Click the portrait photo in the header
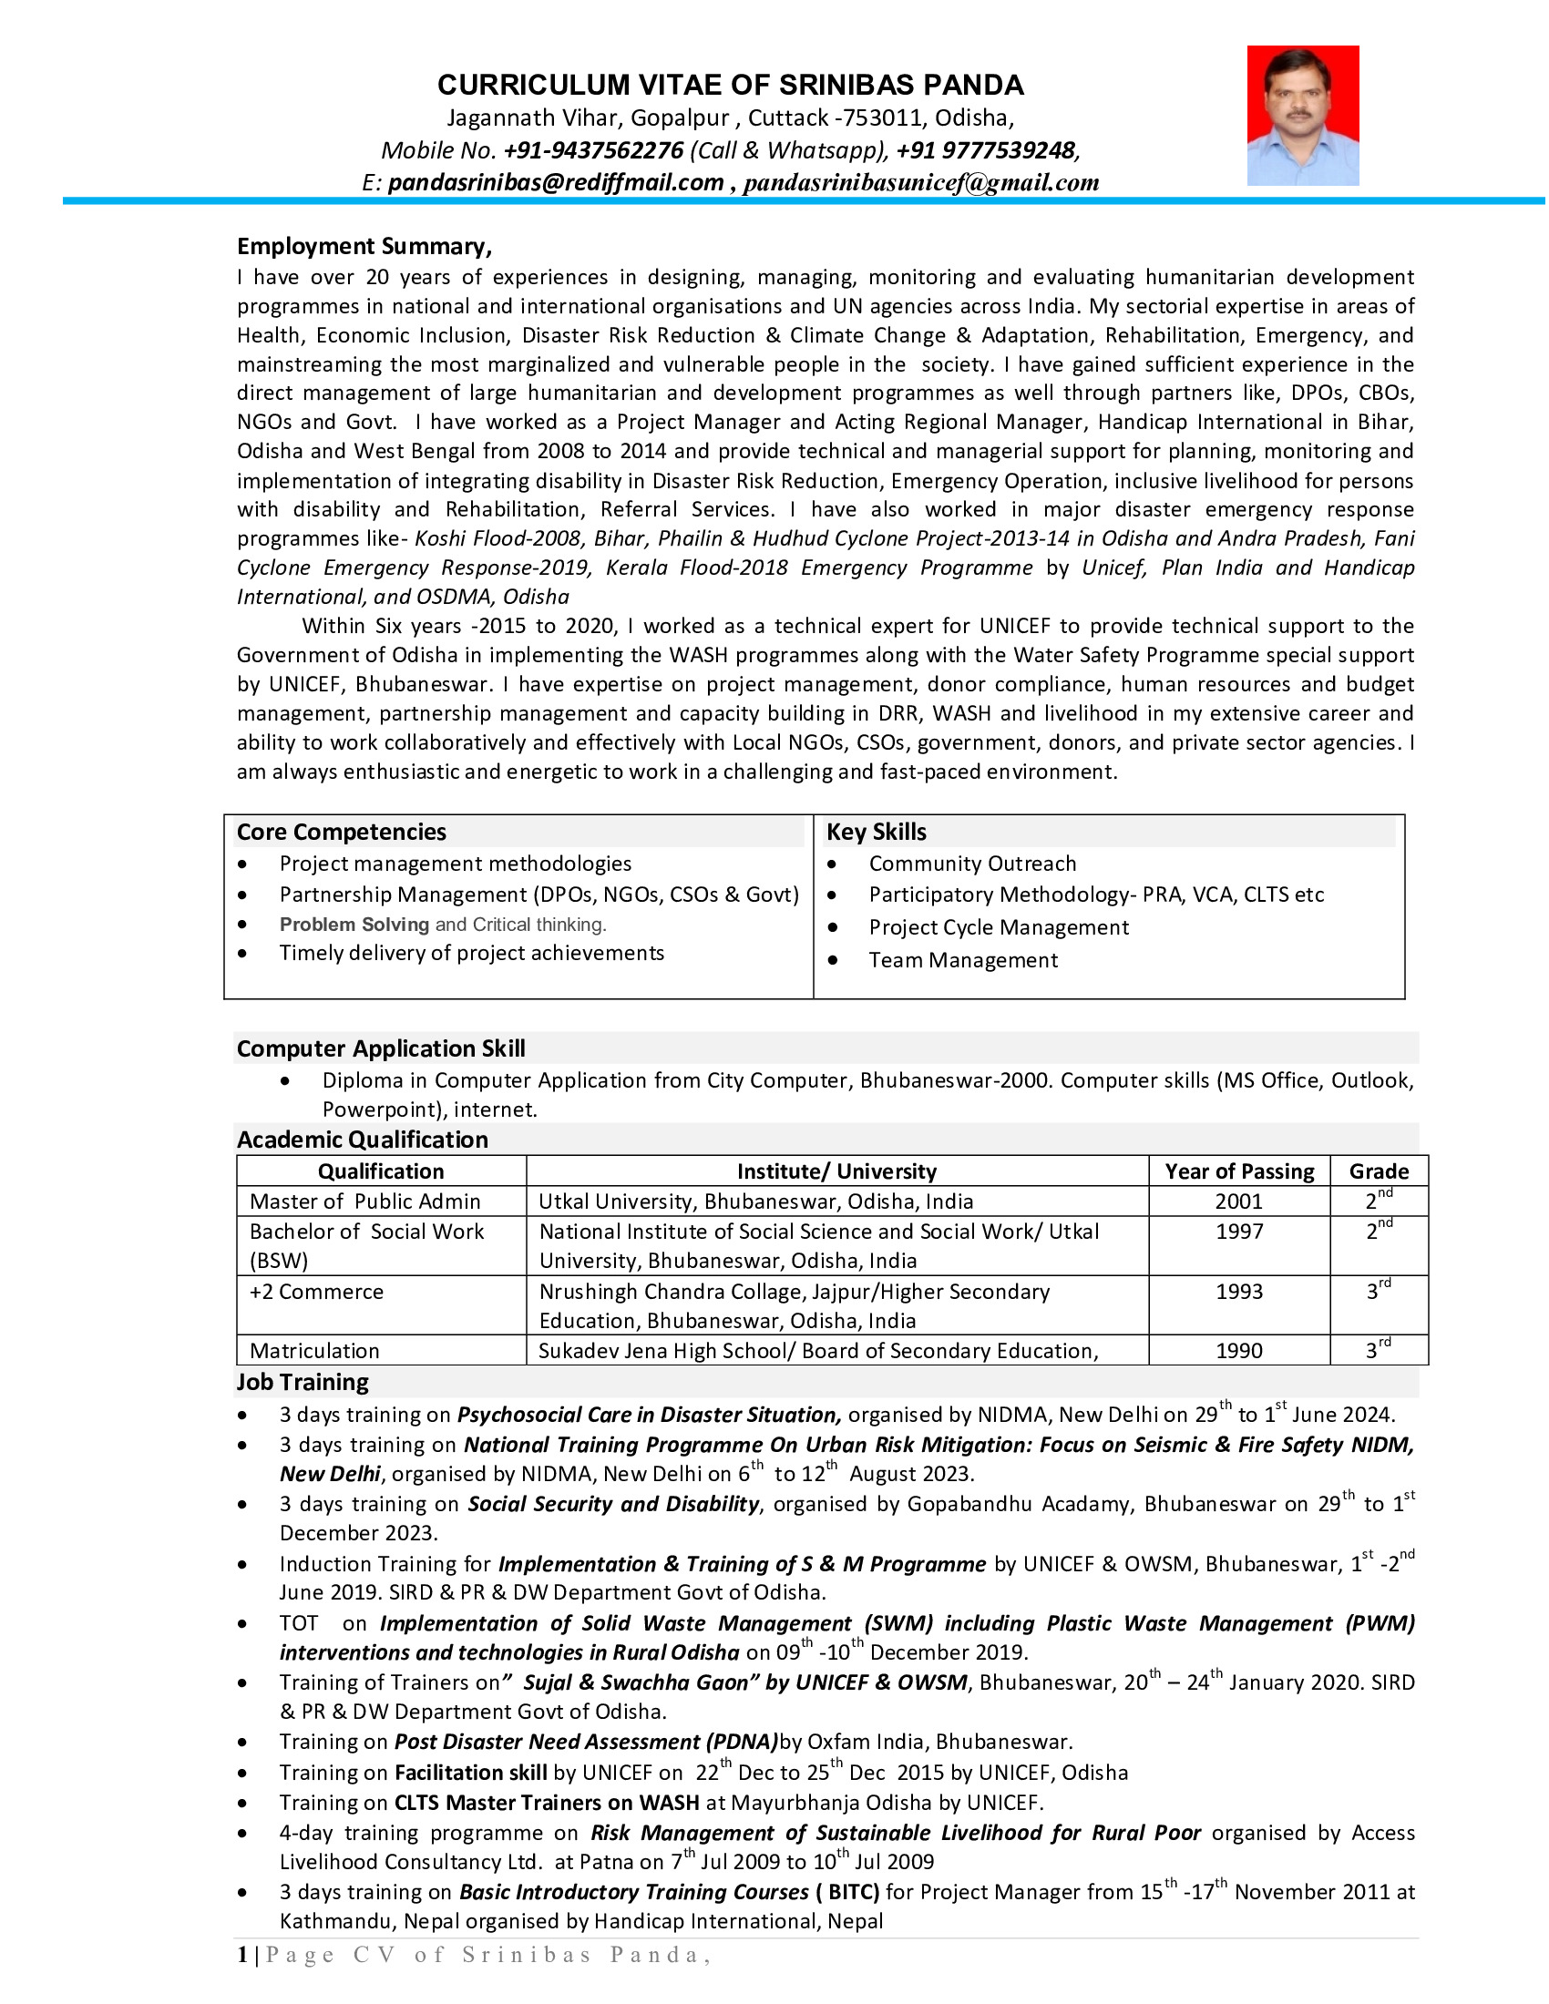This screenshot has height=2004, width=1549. (1302, 116)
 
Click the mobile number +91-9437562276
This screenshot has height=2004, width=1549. (593, 150)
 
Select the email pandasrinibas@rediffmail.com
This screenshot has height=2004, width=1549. (555, 182)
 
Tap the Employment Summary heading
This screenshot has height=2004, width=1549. (364, 246)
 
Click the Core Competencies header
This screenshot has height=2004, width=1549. (342, 832)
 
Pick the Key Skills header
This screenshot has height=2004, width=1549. (877, 832)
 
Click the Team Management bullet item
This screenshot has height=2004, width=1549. (962, 960)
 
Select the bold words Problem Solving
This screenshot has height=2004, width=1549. (354, 924)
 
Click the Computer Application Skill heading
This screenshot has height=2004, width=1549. (381, 1048)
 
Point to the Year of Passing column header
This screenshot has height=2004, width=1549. (1239, 1171)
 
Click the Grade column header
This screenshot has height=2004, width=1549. (1379, 1171)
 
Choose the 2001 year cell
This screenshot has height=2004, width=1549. (1239, 1201)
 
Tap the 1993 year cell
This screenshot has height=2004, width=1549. (1239, 1291)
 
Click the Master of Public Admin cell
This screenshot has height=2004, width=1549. (365, 1201)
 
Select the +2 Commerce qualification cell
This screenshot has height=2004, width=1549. (316, 1291)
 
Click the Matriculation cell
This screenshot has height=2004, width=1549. (313, 1350)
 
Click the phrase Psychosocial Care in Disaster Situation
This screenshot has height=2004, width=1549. (649, 1414)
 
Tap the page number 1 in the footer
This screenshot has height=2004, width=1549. (242, 1955)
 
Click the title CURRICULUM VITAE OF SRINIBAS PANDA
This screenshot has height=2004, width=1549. (731, 85)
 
